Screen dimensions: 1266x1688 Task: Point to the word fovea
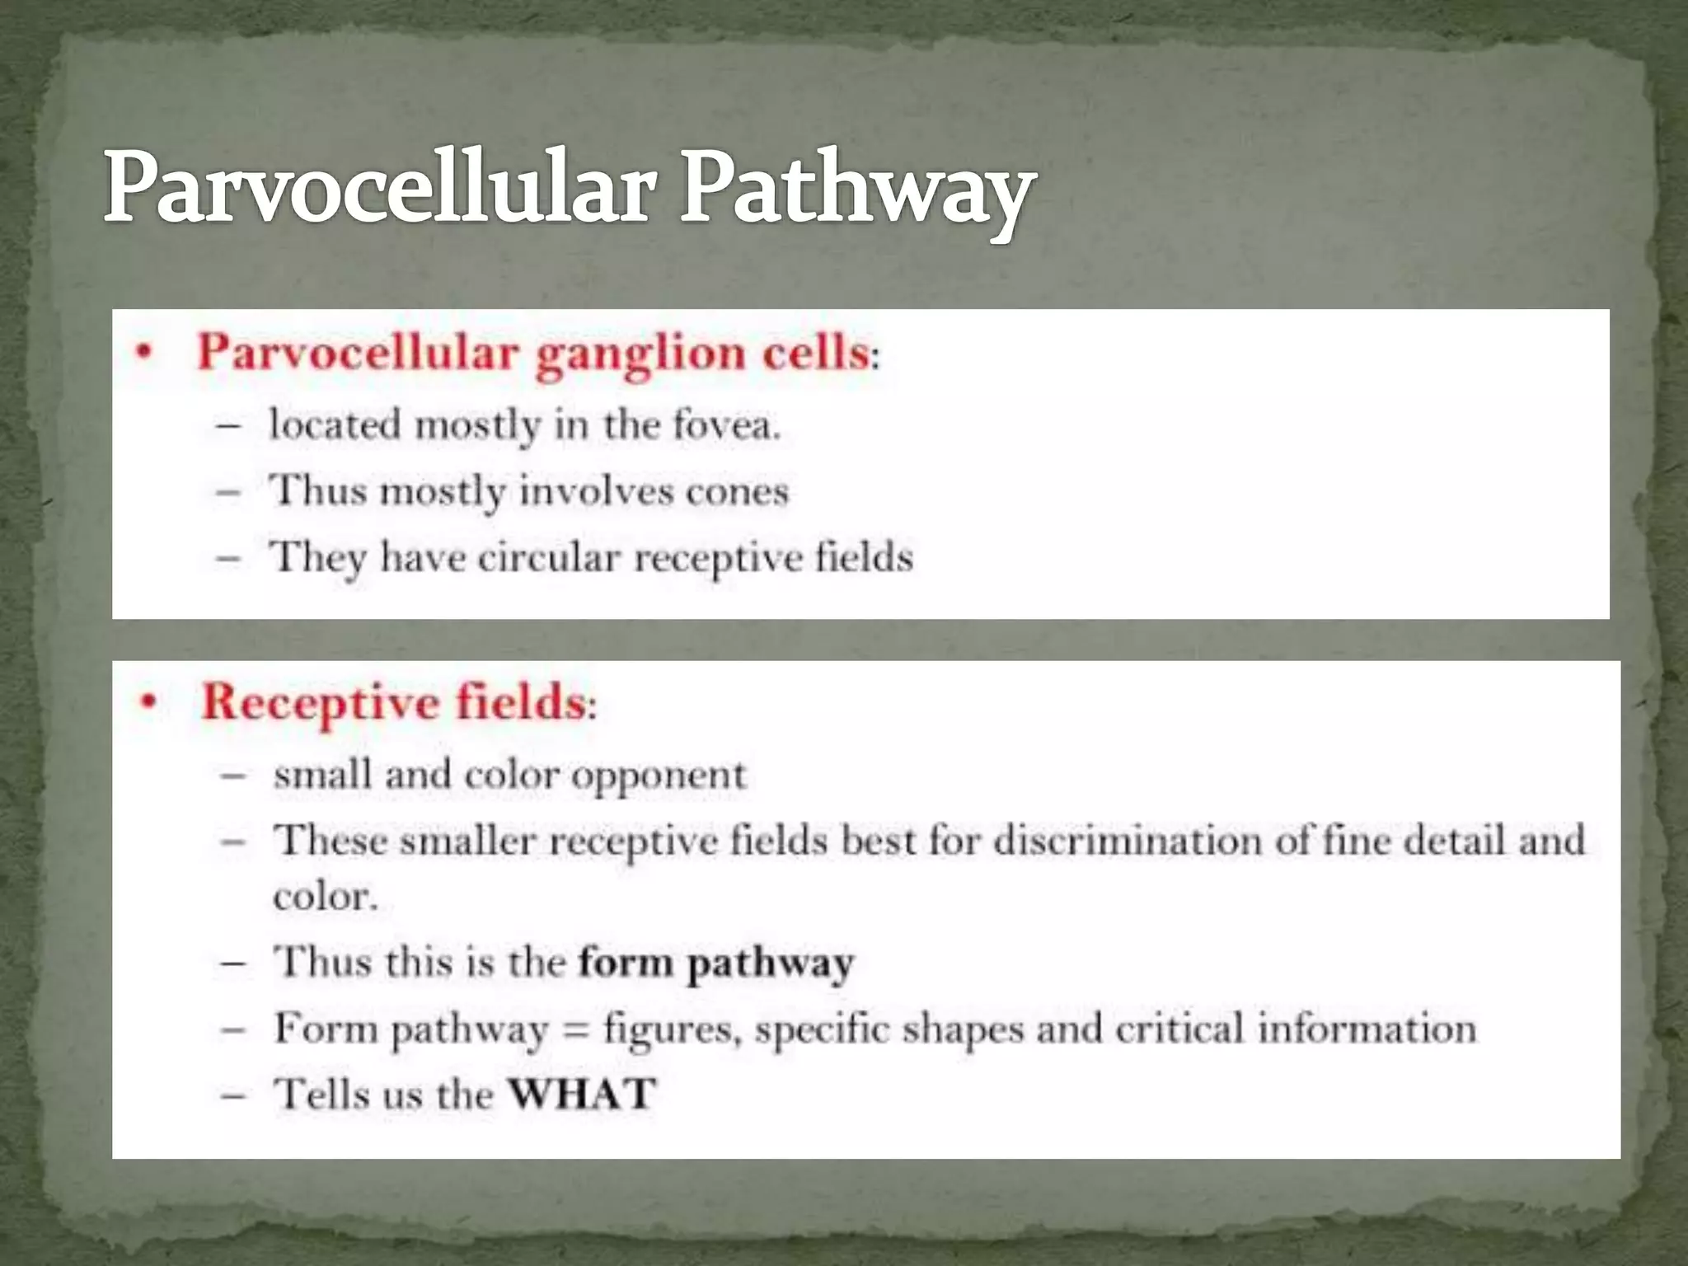[x=725, y=426]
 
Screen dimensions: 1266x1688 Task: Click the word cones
[x=737, y=492]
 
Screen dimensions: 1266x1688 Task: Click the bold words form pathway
[x=715, y=963]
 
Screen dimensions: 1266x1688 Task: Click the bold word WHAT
[x=582, y=1095]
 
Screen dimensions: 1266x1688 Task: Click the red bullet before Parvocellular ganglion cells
[x=145, y=354]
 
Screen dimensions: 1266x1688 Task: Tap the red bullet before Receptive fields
[x=148, y=703]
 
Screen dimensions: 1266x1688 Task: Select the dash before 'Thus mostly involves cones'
[x=228, y=493]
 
